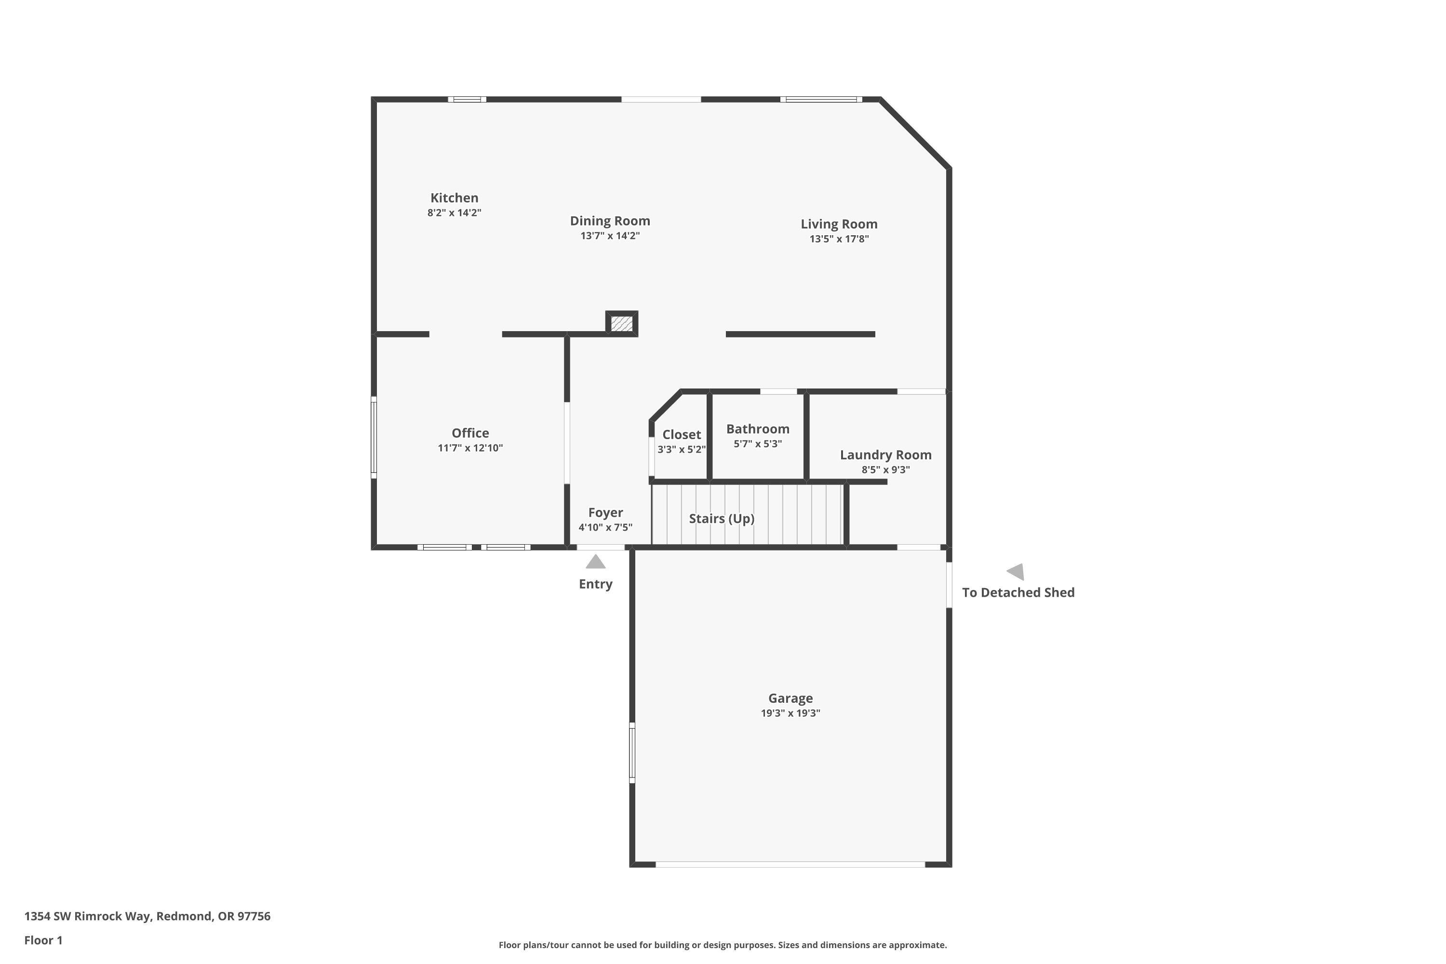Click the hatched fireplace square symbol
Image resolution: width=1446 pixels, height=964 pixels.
click(622, 323)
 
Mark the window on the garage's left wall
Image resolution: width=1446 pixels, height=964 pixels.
click(632, 752)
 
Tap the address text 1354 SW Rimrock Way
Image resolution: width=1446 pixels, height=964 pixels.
click(147, 916)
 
